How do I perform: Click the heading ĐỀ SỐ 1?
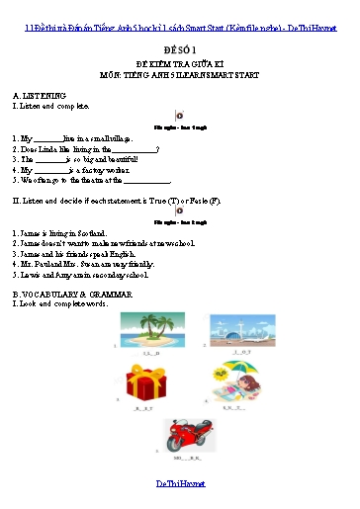click(x=180, y=47)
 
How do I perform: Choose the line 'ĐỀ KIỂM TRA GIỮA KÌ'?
click(x=180, y=62)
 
